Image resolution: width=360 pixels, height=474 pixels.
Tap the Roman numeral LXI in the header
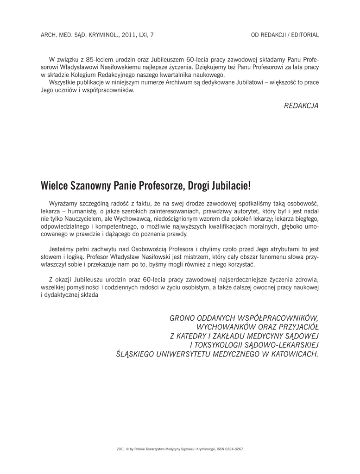click(x=138, y=35)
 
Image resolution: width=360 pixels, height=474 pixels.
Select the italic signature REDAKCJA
click(x=301, y=106)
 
